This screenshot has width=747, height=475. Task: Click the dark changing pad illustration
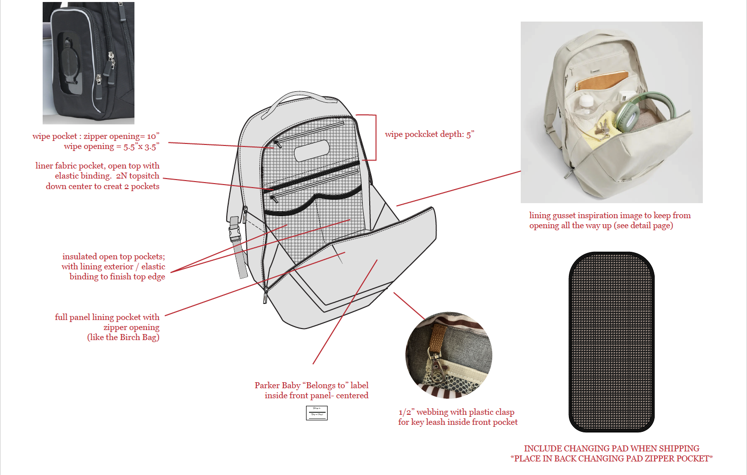coord(612,342)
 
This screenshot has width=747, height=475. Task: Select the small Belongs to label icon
coord(317,413)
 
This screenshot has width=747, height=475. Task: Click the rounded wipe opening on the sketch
coord(312,150)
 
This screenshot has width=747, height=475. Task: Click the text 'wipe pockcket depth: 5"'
coord(429,134)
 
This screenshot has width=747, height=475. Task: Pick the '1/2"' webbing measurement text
coord(406,412)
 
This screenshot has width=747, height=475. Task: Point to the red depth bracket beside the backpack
coord(375,137)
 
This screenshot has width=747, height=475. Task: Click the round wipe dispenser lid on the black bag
coord(70,63)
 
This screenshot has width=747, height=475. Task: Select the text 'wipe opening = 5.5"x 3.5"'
coord(111,146)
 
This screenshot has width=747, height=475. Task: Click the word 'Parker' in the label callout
coord(267,386)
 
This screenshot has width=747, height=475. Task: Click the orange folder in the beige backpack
coord(602,80)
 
